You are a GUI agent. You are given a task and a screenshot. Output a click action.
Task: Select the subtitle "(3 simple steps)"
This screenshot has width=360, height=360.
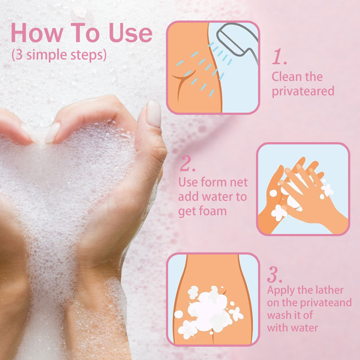pyautogui.click(x=59, y=55)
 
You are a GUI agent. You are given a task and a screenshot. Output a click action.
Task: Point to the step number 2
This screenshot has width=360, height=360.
pyautogui.click(x=188, y=163)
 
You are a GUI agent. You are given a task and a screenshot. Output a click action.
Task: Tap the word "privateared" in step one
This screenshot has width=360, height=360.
pyautogui.click(x=303, y=91)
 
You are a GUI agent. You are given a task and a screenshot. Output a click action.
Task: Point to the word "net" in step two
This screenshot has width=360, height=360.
pyautogui.click(x=239, y=183)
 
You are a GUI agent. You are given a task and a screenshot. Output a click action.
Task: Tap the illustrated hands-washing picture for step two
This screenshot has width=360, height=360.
pyautogui.click(x=303, y=189)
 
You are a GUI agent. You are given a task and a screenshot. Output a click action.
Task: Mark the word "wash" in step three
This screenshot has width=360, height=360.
pyautogui.click(x=279, y=315)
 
